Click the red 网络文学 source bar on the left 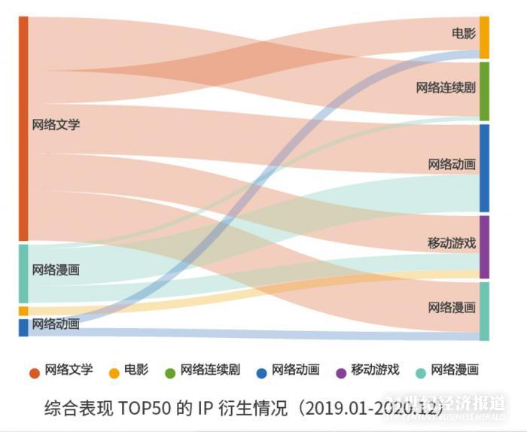pos(23,128)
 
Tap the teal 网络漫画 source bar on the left pos(23,273)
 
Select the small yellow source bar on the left pos(23,311)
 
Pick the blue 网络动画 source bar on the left pos(23,327)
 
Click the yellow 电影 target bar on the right pos(484,37)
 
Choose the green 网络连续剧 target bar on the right pos(484,91)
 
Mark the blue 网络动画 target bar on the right pos(484,168)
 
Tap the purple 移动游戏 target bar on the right pos(484,247)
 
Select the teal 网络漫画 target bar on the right pos(484,311)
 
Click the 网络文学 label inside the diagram pos(56,125)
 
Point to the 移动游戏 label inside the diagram pos(452,243)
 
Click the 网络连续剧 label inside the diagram pos(446,87)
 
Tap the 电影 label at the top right pos(463,33)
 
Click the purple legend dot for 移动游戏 pos(340,372)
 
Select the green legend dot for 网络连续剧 pos(170,372)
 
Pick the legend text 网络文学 pos(69,370)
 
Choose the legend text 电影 pos(136,370)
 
